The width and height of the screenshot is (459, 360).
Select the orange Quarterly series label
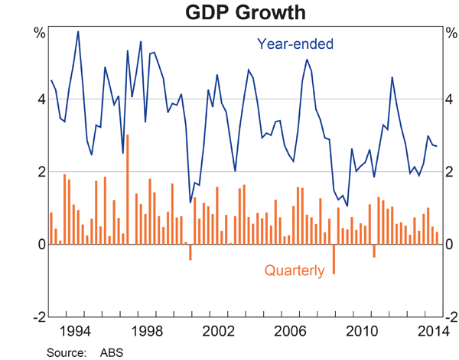coord(295,270)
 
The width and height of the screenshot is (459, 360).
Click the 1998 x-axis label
coord(145,331)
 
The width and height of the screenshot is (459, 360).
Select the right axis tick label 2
coord(448,172)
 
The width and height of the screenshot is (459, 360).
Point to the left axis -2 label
coord(34,316)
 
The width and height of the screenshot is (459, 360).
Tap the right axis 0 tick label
coord(448,245)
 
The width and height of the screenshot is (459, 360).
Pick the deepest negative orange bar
coord(334,259)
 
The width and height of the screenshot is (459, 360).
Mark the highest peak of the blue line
coord(78,31)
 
